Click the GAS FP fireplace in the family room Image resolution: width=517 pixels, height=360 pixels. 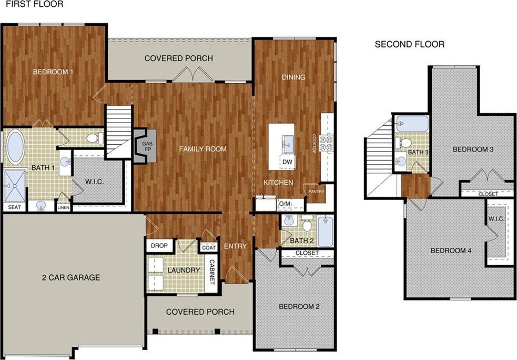pos(145,145)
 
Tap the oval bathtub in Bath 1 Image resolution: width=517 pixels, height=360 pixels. pos(15,147)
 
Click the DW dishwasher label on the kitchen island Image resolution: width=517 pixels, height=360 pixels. pos(288,162)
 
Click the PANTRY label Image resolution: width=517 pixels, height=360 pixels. pos(316,192)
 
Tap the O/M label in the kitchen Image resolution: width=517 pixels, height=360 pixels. pos(285,204)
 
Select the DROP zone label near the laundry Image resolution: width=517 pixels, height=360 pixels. pos(159,245)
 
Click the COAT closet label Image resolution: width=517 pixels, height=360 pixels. pos(209,247)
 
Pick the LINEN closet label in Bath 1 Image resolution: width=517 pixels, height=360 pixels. pos(63,207)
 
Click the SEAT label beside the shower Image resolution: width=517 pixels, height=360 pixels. pos(14,207)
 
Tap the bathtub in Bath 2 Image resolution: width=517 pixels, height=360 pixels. pos(326,231)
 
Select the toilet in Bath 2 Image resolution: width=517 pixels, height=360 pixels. pos(308,223)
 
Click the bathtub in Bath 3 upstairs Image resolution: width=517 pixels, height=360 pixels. pos(412,124)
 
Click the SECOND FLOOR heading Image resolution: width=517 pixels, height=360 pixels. pos(410,44)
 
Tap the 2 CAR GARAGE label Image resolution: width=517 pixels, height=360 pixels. pos(71,277)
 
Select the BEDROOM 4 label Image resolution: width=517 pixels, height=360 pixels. pos(451,251)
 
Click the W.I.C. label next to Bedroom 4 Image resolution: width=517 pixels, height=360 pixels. pos(496,219)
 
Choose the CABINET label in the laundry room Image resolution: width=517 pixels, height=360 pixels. pos(211,272)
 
